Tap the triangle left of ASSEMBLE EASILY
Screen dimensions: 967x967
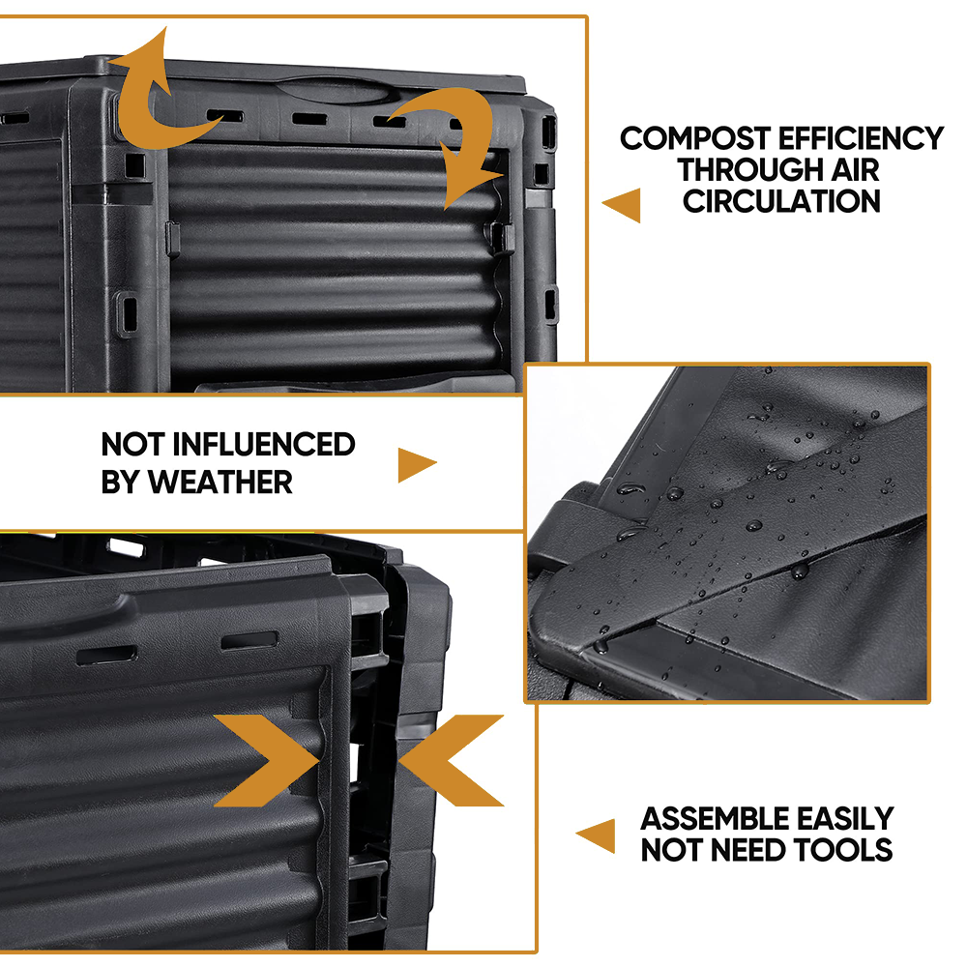tap(598, 835)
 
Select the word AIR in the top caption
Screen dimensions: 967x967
tap(854, 170)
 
